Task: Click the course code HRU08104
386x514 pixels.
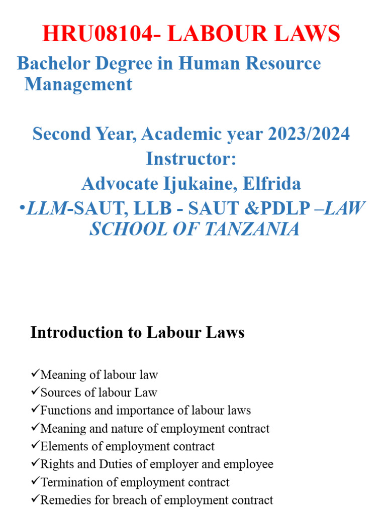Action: pyautogui.click(x=95, y=34)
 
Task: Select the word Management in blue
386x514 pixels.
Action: pyautogui.click(x=78, y=84)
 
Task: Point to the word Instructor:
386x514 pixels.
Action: pyautogui.click(x=191, y=159)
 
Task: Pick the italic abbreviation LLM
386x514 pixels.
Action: pyautogui.click(x=47, y=209)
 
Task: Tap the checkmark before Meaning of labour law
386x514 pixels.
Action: pyautogui.click(x=35, y=374)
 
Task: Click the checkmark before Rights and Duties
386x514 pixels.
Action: pyautogui.click(x=35, y=464)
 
